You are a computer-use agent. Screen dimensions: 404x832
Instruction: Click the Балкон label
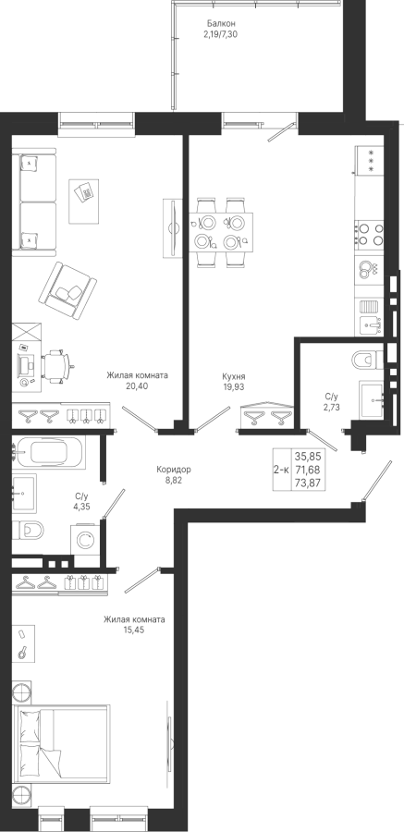(221, 23)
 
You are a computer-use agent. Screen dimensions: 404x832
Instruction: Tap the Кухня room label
(234, 376)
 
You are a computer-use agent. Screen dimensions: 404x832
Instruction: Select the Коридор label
(174, 469)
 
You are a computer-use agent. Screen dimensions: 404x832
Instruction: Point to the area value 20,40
(137, 385)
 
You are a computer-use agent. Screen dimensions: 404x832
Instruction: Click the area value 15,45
(134, 630)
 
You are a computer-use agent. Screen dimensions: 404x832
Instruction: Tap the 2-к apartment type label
(281, 469)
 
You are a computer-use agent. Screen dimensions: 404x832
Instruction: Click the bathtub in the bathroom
(48, 453)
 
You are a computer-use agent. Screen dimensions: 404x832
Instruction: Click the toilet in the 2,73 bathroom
(367, 360)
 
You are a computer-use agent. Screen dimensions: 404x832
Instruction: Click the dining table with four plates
(221, 232)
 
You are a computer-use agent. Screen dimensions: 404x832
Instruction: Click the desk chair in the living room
(56, 365)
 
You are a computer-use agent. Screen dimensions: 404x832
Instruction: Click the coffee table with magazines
(84, 202)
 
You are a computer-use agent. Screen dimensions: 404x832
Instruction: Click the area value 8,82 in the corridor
(174, 479)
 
